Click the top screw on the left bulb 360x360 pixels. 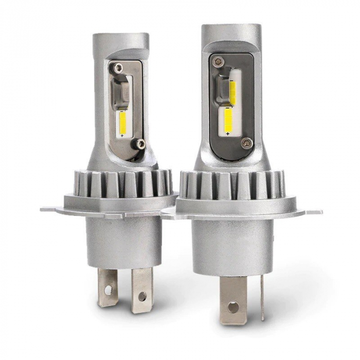coord(119,67)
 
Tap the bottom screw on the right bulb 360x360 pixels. coord(247,142)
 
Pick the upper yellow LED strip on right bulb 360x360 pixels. coord(232,93)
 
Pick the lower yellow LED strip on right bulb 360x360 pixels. coord(228,118)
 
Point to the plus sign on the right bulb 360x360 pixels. coord(227,134)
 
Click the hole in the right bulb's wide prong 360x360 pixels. coord(233,308)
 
